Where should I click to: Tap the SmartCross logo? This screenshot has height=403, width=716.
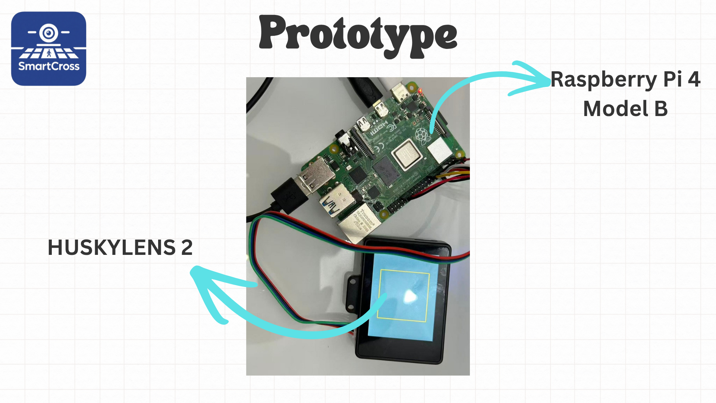point(49,49)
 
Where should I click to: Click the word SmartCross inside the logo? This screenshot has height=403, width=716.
point(49,66)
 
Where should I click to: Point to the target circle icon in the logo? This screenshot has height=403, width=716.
point(49,33)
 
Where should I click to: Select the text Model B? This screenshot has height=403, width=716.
point(625,109)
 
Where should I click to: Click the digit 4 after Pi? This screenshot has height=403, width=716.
point(694,79)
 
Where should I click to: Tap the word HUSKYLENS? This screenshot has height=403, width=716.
point(112,247)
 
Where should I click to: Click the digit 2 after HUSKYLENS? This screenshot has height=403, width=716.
point(187,247)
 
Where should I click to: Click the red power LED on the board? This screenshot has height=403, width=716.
point(420,90)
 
